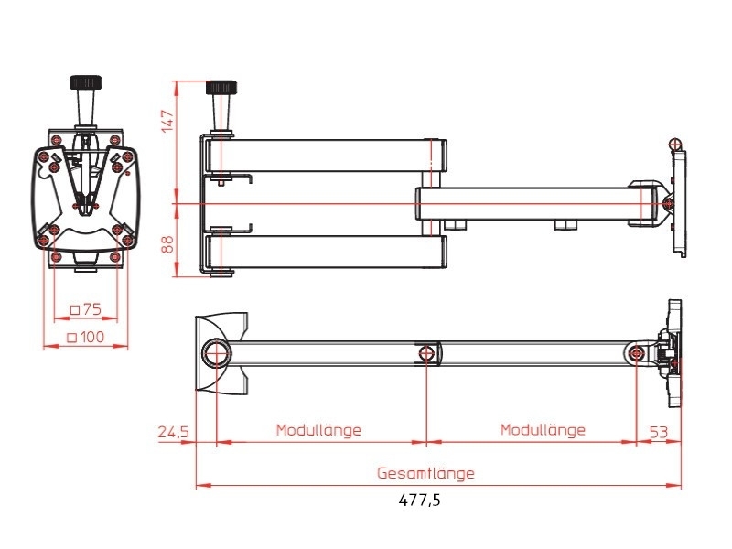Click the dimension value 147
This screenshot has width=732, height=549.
[x=167, y=121]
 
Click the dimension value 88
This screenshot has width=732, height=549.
[x=167, y=242]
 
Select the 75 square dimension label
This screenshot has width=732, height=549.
[x=86, y=308]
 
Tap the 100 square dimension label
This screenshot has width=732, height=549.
[x=86, y=337]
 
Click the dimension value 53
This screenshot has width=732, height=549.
[x=660, y=430]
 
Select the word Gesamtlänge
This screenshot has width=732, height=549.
[x=425, y=474]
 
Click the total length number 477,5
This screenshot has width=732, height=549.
[x=425, y=501]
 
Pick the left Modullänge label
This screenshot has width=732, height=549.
[x=319, y=430]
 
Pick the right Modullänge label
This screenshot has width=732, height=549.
[x=543, y=430]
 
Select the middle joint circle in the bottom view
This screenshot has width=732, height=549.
[x=426, y=353]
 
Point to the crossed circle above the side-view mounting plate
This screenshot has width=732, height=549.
[x=674, y=144]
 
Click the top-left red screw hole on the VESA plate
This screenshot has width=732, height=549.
[x=57, y=138]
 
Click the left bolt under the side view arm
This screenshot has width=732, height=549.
[x=456, y=223]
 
